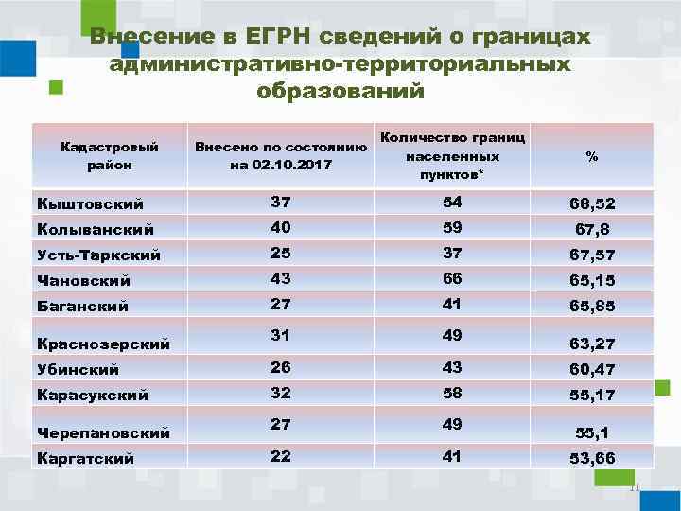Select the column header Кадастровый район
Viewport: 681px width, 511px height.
[109, 155]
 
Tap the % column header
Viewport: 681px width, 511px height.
[591, 156]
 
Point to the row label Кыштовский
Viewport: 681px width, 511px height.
[89, 203]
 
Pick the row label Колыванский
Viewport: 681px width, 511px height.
[94, 229]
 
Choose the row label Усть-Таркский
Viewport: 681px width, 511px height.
[97, 255]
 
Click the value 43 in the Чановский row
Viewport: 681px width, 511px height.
[280, 279]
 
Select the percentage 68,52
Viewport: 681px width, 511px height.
[591, 203]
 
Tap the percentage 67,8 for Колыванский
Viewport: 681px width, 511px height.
[591, 229]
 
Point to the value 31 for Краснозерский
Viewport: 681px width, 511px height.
[280, 337]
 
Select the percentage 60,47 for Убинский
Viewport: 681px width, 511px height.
[591, 368]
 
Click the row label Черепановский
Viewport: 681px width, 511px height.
[103, 432]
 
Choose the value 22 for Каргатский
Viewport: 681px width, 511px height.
[280, 457]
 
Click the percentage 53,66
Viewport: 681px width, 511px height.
[591, 459]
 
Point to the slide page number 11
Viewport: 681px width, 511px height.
[635, 488]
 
